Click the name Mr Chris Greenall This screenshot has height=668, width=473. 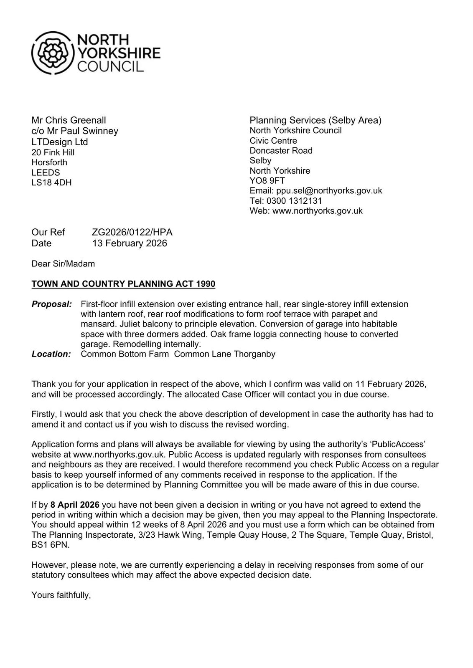click(x=69, y=120)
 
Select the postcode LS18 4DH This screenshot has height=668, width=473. click(x=51, y=182)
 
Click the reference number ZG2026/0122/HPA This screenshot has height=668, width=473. click(x=132, y=232)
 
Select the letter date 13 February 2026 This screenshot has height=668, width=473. click(x=130, y=243)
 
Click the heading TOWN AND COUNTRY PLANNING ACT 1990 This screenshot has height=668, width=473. click(x=123, y=284)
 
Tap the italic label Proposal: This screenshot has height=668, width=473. click(x=51, y=304)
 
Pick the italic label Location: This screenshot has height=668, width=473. click(x=51, y=354)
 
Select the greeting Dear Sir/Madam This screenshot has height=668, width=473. click(x=63, y=264)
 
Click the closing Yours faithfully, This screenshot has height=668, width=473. click(x=61, y=595)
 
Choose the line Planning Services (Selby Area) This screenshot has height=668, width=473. click(x=315, y=120)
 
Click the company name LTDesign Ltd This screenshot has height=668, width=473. click(x=60, y=142)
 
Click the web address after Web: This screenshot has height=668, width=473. click(x=317, y=211)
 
